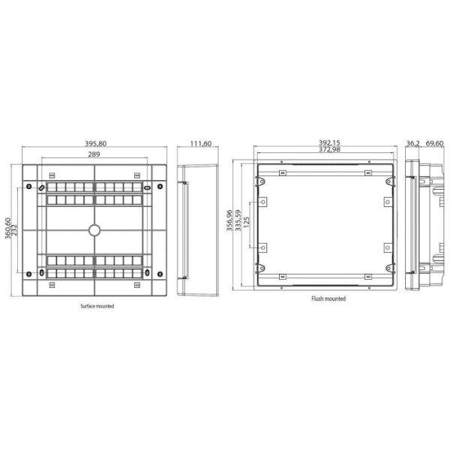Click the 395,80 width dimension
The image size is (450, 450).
point(95,143)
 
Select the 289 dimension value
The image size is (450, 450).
point(94,154)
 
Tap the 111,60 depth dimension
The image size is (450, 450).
point(201,143)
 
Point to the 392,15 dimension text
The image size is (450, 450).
point(329,142)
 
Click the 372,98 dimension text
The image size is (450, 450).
point(329,149)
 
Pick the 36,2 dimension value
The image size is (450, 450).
point(413,143)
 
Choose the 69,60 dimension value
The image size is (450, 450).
point(434,143)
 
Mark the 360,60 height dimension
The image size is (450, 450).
point(7,228)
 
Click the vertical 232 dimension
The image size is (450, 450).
point(14,230)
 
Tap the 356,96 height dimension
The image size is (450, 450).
point(229,220)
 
